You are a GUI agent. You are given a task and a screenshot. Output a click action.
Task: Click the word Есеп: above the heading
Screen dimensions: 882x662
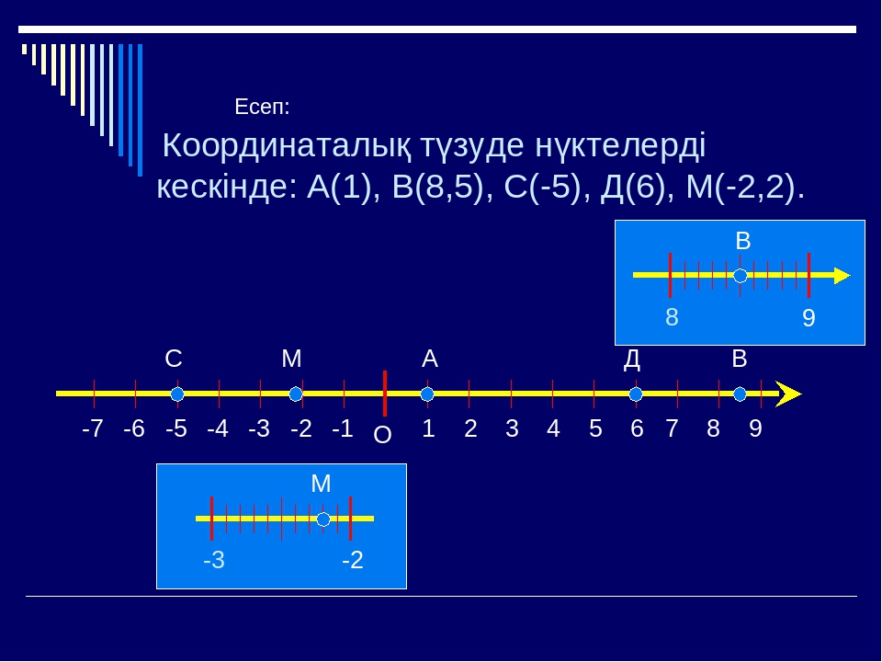pos(262,107)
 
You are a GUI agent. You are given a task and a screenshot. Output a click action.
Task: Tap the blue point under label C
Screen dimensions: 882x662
pos(177,394)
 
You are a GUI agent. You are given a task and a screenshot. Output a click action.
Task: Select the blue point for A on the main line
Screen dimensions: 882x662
pos(427,394)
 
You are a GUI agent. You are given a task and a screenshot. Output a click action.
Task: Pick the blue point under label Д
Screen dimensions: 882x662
pos(636,394)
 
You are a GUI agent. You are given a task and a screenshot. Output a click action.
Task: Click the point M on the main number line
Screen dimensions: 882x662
pos(296,394)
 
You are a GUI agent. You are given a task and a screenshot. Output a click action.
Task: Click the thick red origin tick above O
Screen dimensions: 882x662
pos(385,393)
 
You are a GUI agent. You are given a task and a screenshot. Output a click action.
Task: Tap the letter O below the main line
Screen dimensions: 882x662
pos(382,435)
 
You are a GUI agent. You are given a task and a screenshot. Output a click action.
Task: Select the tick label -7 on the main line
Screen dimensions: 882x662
pos(93,429)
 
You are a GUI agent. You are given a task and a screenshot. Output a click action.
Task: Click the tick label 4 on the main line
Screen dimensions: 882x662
pos(553,429)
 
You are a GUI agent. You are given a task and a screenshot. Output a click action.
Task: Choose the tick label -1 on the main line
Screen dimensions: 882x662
pos(343,429)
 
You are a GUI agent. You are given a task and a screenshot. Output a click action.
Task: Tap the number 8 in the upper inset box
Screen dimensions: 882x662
pos(672,317)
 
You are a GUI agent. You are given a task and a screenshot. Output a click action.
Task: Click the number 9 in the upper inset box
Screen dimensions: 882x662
pos(808,318)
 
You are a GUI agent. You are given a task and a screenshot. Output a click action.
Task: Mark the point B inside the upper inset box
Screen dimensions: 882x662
pos(741,276)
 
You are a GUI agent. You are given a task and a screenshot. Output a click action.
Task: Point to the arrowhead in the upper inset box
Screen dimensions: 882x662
pos(842,276)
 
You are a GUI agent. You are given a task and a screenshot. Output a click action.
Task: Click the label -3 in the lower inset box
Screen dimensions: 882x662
pos(214,560)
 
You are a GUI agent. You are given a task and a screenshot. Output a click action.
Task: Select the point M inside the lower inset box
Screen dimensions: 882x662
pos(323,519)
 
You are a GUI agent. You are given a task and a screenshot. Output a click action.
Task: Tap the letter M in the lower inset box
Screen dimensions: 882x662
pos(322,484)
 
